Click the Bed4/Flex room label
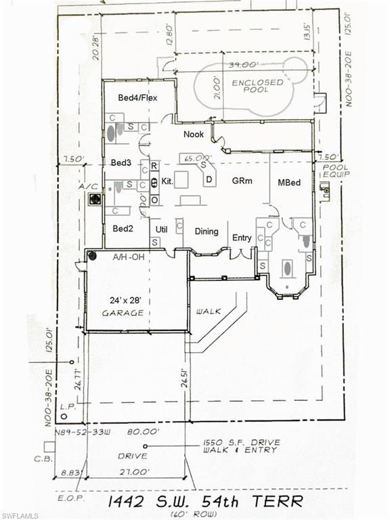pos(137,98)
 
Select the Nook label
pos(194,135)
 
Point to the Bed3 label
pos(121,163)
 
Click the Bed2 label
pos(123,228)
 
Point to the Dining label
pos(207,232)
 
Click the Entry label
pos(242,238)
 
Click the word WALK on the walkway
pos(209,311)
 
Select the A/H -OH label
pos(129,257)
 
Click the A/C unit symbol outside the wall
pos(96,198)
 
